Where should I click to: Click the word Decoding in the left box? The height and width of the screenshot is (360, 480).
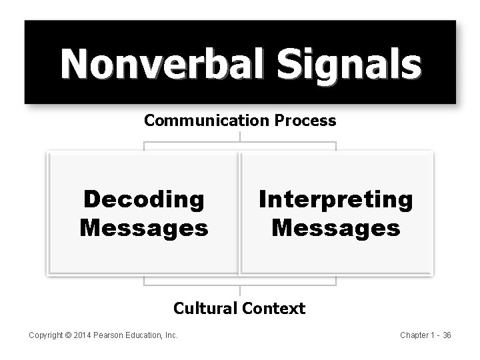[x=143, y=199]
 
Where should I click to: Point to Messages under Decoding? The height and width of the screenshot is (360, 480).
[x=143, y=229]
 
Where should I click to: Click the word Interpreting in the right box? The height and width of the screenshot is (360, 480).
[x=336, y=199]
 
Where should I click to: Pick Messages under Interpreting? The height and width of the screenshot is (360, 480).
[x=336, y=229]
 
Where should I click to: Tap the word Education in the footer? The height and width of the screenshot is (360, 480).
[x=146, y=335]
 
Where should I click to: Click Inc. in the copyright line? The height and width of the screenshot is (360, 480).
[x=172, y=335]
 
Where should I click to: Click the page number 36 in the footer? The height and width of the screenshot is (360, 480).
[x=447, y=335]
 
